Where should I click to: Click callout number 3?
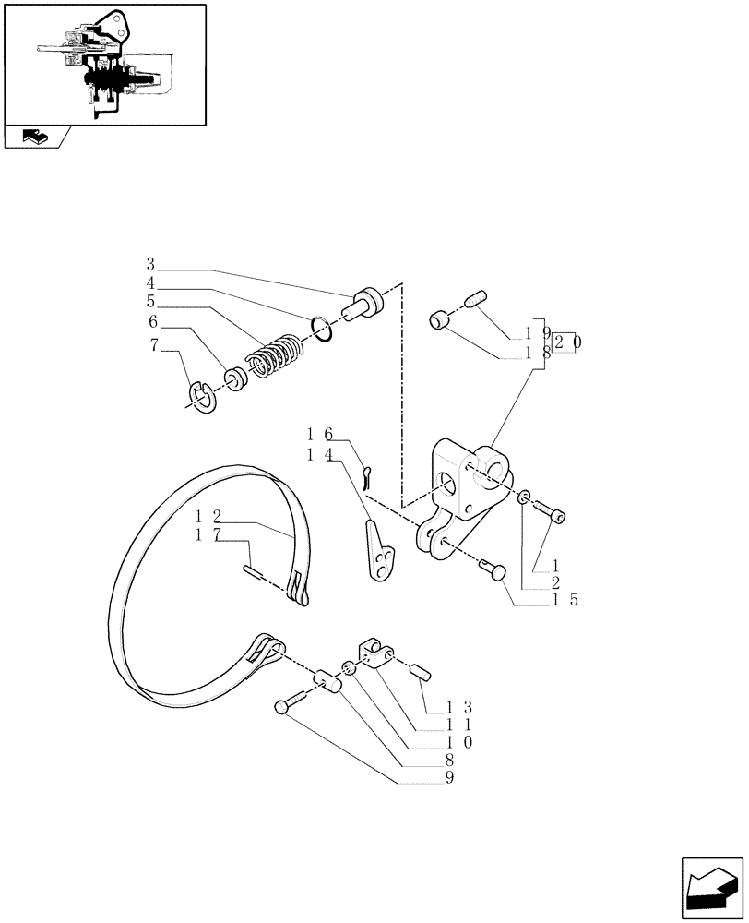click(x=149, y=265)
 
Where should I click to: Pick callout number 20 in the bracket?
click(x=568, y=342)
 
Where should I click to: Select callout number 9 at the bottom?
click(x=449, y=777)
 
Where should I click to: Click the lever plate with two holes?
click(x=380, y=553)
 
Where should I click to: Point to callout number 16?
click(x=321, y=433)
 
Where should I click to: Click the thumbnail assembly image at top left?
click(x=104, y=64)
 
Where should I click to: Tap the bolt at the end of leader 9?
click(x=285, y=707)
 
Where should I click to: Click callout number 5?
click(x=149, y=300)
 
